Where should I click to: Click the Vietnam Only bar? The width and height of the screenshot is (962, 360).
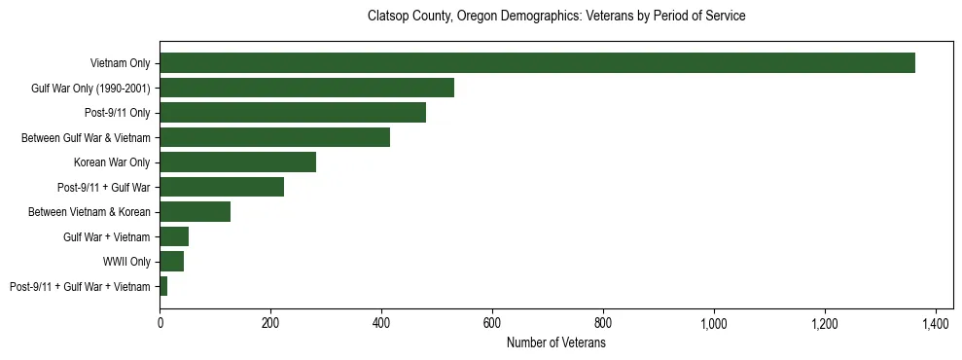pos(537,63)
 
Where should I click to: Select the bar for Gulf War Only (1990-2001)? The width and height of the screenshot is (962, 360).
pos(306,88)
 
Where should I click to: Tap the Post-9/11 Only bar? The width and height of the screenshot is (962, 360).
pos(293,113)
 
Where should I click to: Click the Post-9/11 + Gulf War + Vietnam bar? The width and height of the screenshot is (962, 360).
pos(163,286)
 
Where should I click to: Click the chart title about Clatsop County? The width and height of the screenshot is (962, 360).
pos(556,17)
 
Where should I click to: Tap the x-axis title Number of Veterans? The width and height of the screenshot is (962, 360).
pos(556,343)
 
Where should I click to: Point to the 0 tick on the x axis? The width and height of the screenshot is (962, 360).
pos(160,322)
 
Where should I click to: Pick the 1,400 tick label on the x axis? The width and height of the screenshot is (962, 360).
pos(936,322)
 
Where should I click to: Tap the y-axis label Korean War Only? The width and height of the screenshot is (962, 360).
pos(112,162)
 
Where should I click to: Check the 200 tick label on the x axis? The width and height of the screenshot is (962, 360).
pos(270,322)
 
